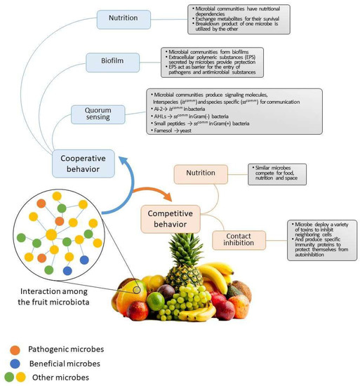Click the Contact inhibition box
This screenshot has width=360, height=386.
tap(244, 239)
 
